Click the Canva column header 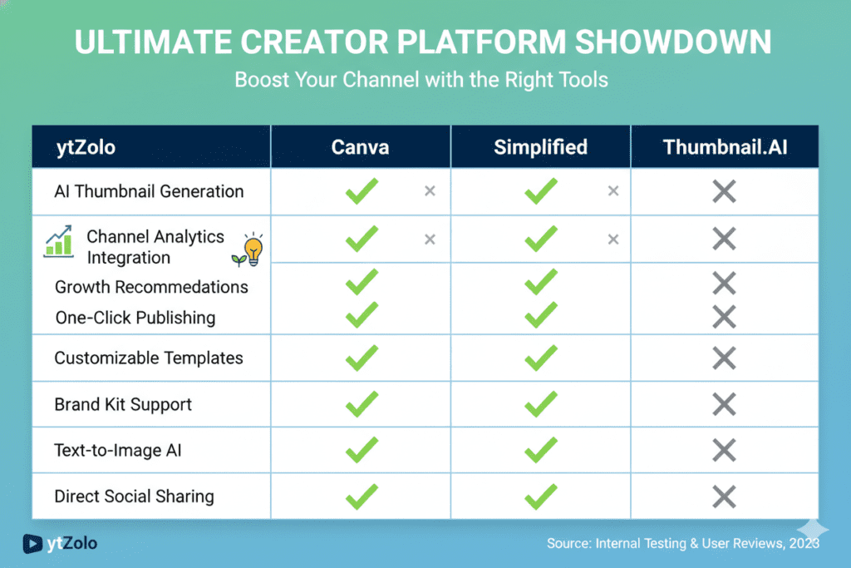tap(360, 147)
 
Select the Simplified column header tap(540, 147)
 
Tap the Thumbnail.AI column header tap(725, 147)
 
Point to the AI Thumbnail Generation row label tap(149, 191)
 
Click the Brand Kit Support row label tap(123, 404)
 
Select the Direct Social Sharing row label tap(134, 496)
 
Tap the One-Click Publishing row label tap(135, 318)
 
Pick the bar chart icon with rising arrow tap(59, 242)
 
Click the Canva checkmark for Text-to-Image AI tap(362, 450)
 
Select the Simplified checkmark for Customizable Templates tap(540, 358)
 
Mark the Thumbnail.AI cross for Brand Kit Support tap(724, 404)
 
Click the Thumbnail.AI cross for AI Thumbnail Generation tap(724, 191)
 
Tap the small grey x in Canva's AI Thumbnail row tap(430, 190)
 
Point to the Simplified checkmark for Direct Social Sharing tap(540, 496)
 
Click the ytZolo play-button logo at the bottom tap(32, 544)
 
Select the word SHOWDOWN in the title tap(673, 42)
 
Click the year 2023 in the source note tap(804, 544)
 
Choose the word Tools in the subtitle tap(583, 80)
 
